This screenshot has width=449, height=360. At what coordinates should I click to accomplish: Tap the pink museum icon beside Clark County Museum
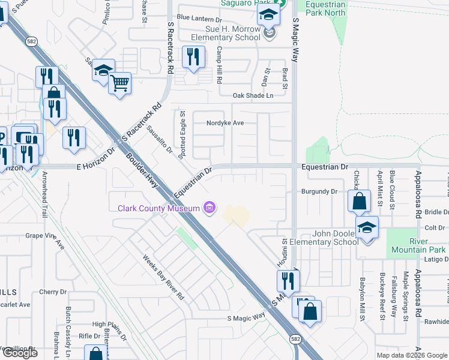[x=209, y=208]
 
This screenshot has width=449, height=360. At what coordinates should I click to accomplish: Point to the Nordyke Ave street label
[x=225, y=122]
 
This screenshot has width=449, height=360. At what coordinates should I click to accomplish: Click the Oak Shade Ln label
[x=253, y=95]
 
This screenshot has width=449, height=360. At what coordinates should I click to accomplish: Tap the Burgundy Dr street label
[x=319, y=192]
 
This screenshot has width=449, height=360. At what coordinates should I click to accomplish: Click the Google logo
[x=20, y=353]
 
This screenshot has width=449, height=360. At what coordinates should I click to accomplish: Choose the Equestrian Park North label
[x=325, y=8]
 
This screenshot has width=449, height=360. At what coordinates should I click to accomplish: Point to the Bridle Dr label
[x=436, y=212]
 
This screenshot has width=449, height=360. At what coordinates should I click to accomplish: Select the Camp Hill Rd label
[x=220, y=65]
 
